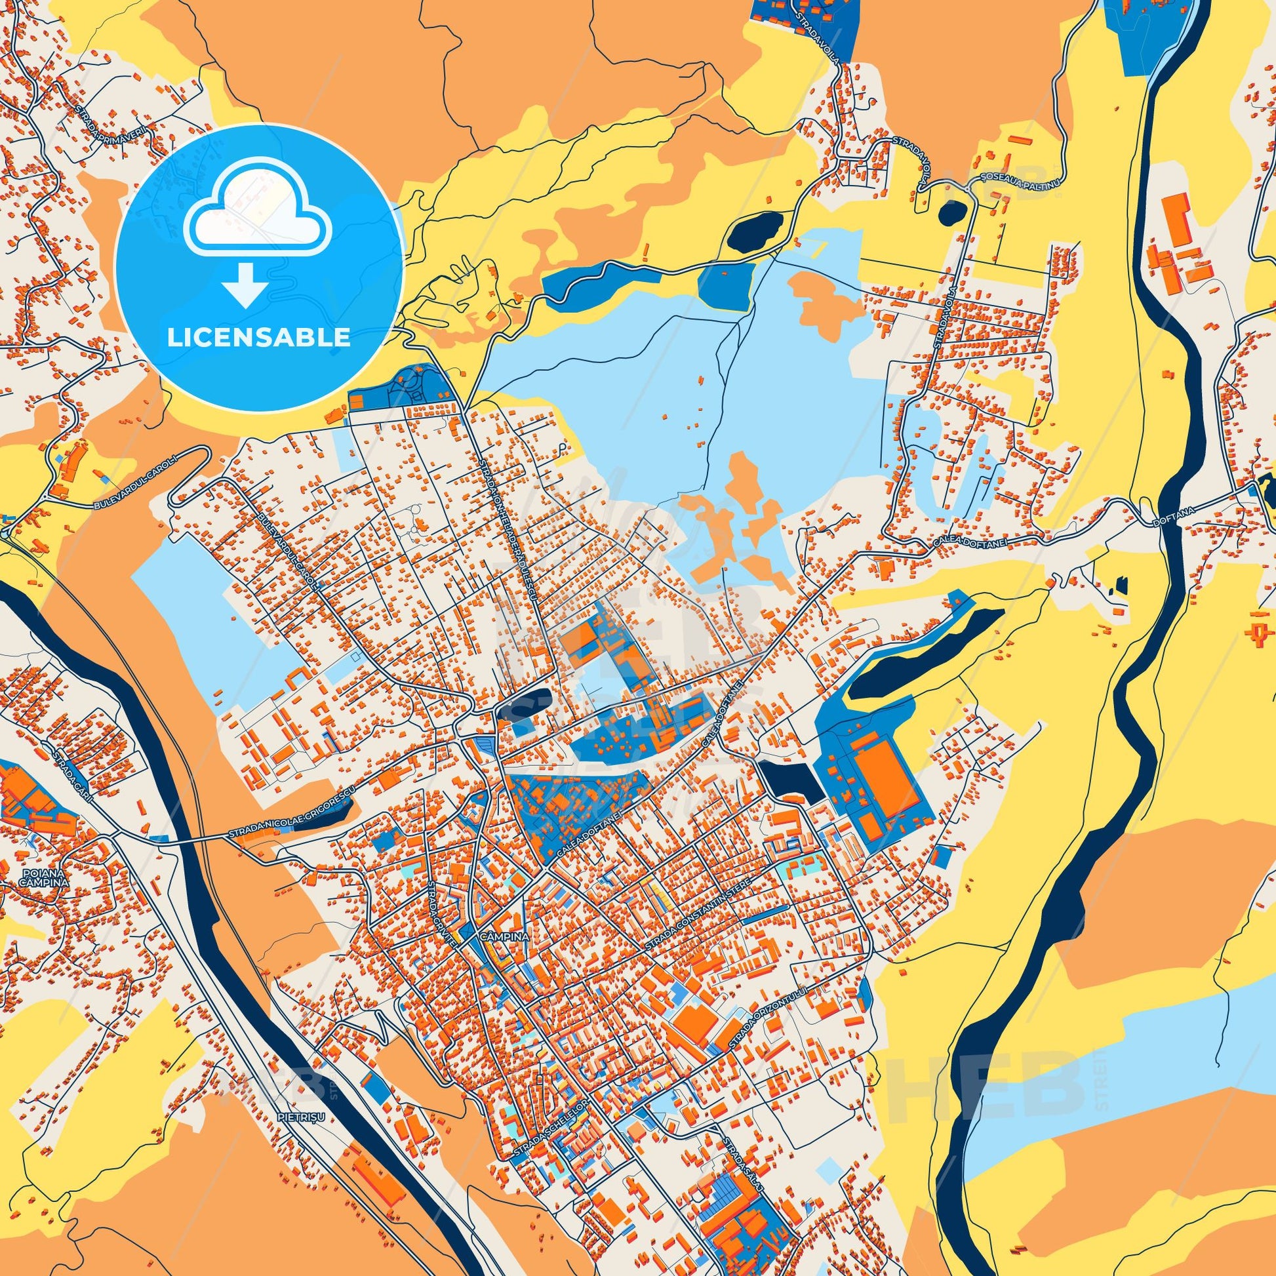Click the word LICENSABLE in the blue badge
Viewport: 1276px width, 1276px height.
258,337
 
